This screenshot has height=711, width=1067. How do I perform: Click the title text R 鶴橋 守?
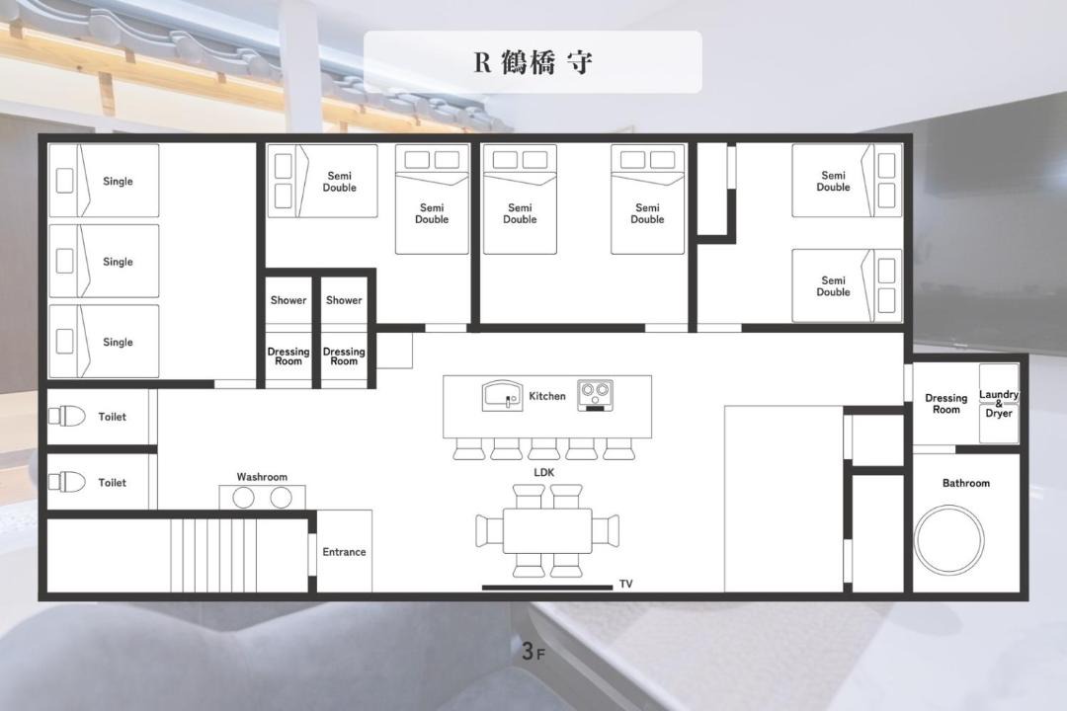pyautogui.click(x=533, y=62)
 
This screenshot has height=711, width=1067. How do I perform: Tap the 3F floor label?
pyautogui.click(x=533, y=651)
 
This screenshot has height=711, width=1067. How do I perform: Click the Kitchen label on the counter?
pyautogui.click(x=547, y=396)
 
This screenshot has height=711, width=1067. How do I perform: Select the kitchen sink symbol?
pyautogui.click(x=502, y=395)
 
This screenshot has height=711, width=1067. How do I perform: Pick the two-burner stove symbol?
pyautogui.click(x=596, y=395)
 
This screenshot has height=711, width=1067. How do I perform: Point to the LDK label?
pyautogui.click(x=543, y=472)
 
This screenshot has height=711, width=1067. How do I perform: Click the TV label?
pyautogui.click(x=626, y=584)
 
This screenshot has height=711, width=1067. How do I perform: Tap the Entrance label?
pyautogui.click(x=345, y=552)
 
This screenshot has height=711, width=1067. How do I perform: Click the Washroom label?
pyautogui.click(x=262, y=477)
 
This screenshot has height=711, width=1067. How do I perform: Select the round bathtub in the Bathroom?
pyautogui.click(x=948, y=539)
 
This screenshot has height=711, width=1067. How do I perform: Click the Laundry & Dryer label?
pyautogui.click(x=999, y=404)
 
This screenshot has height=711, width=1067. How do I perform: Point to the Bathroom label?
pyautogui.click(x=966, y=483)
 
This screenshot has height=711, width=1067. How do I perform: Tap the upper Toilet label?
pyautogui.click(x=113, y=417)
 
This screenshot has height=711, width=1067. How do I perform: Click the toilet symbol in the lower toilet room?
pyautogui.click(x=67, y=482)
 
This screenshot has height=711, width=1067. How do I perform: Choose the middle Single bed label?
pyautogui.click(x=118, y=262)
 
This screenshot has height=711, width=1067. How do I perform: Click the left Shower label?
pyautogui.click(x=288, y=300)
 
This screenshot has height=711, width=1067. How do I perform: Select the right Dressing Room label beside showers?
pyautogui.click(x=344, y=356)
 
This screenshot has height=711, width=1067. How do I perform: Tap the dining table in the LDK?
pyautogui.click(x=547, y=530)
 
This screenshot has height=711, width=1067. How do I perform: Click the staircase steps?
pyautogui.click(x=212, y=555)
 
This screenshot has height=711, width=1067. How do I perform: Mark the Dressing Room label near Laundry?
pyautogui.click(x=945, y=404)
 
